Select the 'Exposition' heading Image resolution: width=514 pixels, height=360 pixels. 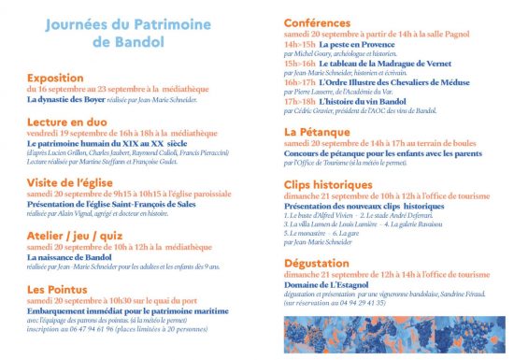(x=57, y=79)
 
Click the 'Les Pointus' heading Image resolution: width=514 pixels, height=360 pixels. (x=61, y=289)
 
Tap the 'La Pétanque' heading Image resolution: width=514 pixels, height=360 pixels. (x=318, y=132)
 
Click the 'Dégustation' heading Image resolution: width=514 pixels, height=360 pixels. (x=322, y=263)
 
